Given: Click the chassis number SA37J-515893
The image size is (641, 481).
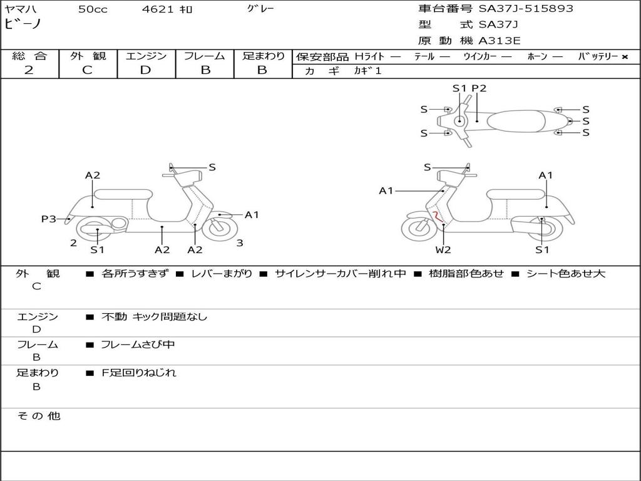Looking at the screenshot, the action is pyautogui.click(x=526, y=9).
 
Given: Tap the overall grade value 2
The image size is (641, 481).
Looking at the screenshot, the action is pyautogui.click(x=29, y=70).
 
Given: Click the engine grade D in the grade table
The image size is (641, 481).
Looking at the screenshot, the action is pyautogui.click(x=145, y=70).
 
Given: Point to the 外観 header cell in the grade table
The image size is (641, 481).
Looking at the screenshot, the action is pyautogui.click(x=88, y=56).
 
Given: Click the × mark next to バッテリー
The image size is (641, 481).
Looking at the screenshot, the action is pyautogui.click(x=625, y=57).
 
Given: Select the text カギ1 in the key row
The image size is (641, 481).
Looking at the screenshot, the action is pyautogui.click(x=367, y=71).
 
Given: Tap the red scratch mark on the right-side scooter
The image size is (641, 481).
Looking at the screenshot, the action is pyautogui.click(x=438, y=217).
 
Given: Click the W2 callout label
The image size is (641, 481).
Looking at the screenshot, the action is pyautogui.click(x=443, y=249).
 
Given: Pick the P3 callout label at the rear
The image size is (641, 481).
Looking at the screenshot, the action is pyautogui.click(x=49, y=219).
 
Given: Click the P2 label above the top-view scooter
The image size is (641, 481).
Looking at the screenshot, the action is pyautogui.click(x=479, y=88).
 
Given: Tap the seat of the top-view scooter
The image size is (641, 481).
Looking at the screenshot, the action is pyautogui.click(x=516, y=121).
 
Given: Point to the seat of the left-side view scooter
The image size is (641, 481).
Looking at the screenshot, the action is pyautogui.click(x=123, y=194).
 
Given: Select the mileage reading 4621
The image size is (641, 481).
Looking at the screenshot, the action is pyautogui.click(x=157, y=9).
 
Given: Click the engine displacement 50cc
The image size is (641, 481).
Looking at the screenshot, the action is pyautogui.click(x=93, y=9).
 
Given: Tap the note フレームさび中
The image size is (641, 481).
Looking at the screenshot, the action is pyautogui.click(x=138, y=345).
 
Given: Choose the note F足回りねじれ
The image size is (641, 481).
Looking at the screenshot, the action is pyautogui.click(x=138, y=373).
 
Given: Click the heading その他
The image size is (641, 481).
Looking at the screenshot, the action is pyautogui.click(x=39, y=416).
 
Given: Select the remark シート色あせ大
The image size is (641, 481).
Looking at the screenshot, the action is pyautogui.click(x=566, y=274).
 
